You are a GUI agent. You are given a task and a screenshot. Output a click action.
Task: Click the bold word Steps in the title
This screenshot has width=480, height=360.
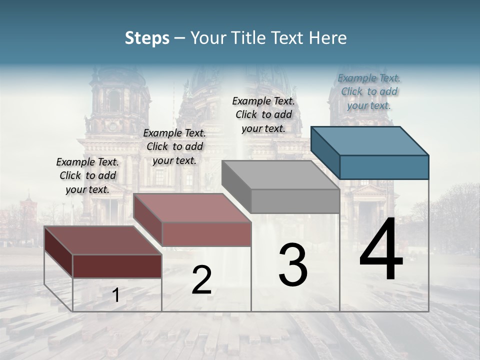[147, 38]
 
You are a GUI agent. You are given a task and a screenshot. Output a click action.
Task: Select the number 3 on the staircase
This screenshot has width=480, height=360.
[293, 264]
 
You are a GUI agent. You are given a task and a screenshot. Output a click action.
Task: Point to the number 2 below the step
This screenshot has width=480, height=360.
[201, 280]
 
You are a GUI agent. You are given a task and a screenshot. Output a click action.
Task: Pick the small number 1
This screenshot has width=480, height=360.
[116, 295]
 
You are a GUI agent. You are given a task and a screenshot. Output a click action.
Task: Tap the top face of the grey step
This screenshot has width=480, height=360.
[280, 174]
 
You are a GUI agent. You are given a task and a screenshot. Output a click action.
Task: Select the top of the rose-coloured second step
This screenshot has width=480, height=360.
[192, 207]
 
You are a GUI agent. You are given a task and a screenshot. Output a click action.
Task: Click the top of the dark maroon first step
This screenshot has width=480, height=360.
[103, 240]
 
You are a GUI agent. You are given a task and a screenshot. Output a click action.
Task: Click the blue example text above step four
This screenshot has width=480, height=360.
[369, 92]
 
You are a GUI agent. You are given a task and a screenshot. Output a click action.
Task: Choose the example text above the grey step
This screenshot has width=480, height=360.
[263, 114]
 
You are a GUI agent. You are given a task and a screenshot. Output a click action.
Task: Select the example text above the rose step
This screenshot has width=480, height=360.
[174, 146]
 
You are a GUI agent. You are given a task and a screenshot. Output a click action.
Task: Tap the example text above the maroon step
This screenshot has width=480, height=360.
[87, 175]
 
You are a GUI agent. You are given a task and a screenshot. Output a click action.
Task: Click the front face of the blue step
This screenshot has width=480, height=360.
[384, 167]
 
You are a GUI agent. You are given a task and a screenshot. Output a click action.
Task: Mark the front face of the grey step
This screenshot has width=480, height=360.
[295, 201]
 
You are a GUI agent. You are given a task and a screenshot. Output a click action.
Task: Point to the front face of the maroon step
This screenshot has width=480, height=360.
[117, 266]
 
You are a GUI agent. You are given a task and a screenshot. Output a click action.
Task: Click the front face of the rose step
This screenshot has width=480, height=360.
[206, 234]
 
